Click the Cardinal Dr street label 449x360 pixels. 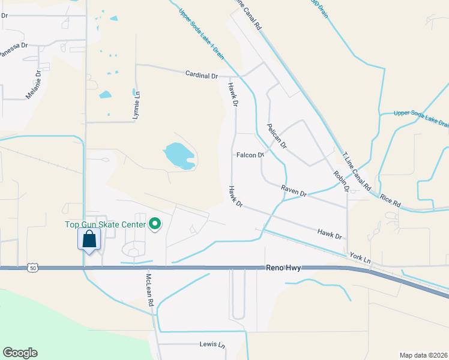[202, 76]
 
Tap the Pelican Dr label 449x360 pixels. [277, 136]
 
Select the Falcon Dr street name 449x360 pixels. [250, 155]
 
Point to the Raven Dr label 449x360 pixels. [294, 191]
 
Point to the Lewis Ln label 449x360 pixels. [212, 345]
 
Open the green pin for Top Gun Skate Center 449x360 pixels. [155, 224]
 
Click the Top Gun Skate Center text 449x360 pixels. [106, 225]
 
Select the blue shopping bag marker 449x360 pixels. [89, 239]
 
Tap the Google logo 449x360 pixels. [20, 353]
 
